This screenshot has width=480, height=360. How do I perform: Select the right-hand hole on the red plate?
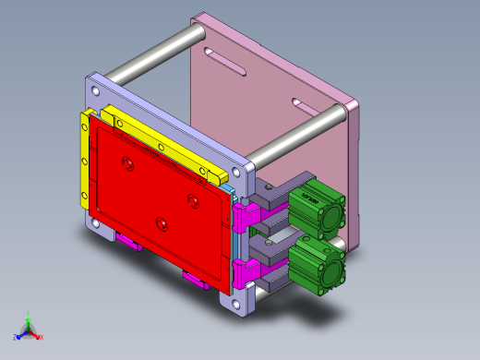click(194, 199)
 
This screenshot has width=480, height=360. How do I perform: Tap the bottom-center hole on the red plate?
click(162, 222)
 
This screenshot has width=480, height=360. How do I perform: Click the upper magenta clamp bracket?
click(246, 217)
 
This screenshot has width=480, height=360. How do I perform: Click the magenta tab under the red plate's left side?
click(127, 244)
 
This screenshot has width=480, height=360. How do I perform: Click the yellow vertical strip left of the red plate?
click(86, 166)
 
